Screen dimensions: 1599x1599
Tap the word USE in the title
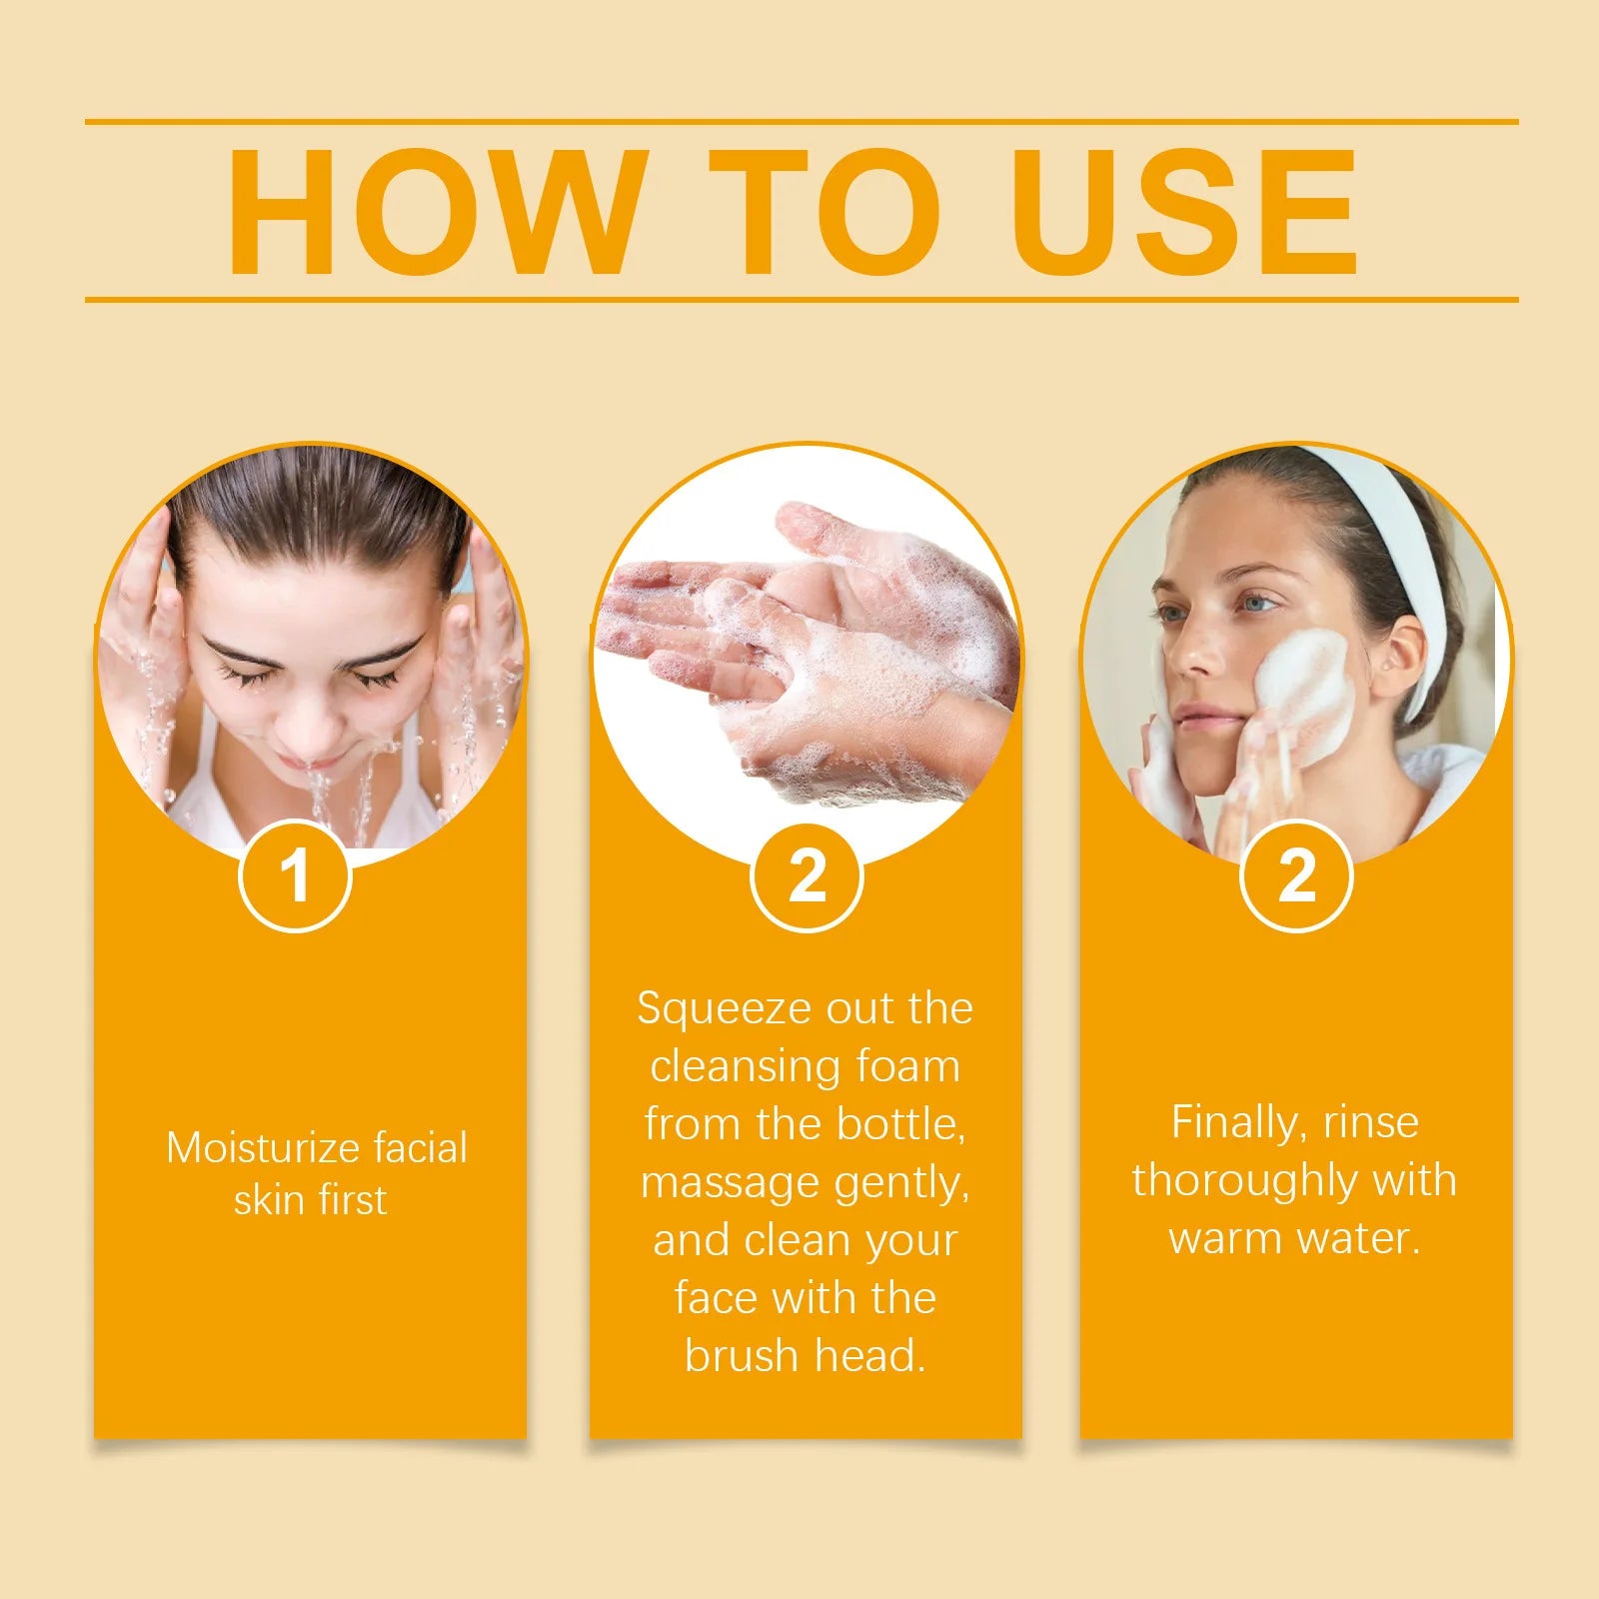(x=1185, y=212)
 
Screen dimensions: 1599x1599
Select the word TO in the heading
(x=825, y=212)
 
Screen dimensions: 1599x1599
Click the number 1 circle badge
(x=295, y=875)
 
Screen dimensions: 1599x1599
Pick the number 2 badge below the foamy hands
(x=806, y=876)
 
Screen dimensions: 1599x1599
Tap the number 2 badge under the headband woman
(x=1296, y=876)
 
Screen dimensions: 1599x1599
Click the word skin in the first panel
(x=268, y=1199)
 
